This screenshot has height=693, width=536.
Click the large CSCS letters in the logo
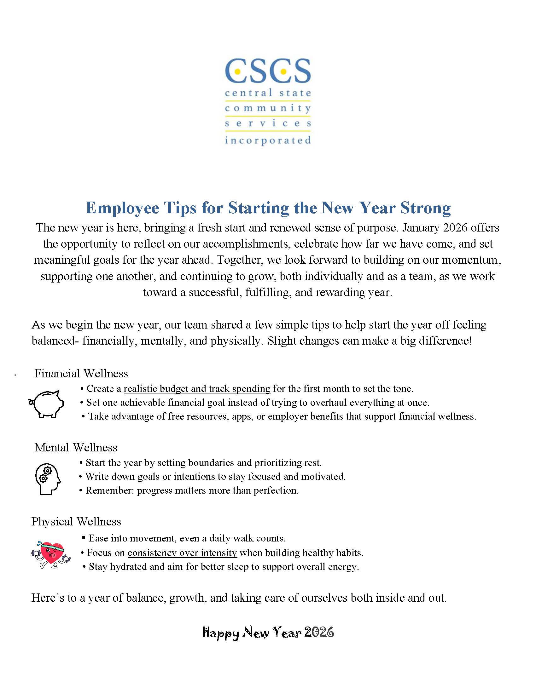click(x=268, y=71)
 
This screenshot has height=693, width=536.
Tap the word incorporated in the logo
click(x=268, y=140)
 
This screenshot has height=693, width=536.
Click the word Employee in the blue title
click(x=123, y=208)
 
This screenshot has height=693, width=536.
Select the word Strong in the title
click(x=425, y=208)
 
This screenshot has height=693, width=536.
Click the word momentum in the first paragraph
click(x=471, y=260)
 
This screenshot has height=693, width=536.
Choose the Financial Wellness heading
click(x=81, y=374)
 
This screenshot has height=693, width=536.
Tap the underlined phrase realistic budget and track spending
click(x=197, y=389)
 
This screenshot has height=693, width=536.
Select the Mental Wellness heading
click(x=76, y=447)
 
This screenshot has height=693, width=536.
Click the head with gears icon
click(x=47, y=479)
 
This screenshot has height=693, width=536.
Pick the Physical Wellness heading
click(x=76, y=522)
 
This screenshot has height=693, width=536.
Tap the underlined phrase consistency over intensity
click(x=182, y=553)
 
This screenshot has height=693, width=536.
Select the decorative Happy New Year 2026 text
click(x=268, y=633)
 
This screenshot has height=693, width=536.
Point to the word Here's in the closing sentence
click(x=49, y=598)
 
